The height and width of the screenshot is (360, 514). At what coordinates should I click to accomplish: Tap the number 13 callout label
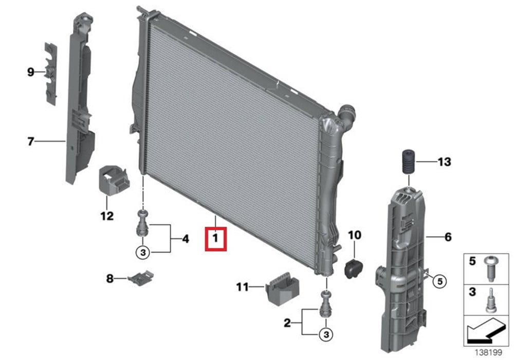click(444, 161)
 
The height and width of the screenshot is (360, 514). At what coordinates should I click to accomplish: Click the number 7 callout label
click(30, 141)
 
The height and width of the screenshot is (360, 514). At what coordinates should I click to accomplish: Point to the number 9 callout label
click(30, 72)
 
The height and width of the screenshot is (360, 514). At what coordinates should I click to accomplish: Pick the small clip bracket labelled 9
click(51, 74)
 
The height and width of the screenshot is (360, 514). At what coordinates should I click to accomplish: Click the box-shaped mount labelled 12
click(114, 181)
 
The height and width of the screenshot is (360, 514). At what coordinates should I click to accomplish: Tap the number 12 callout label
click(107, 216)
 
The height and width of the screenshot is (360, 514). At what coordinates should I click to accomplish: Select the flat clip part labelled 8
click(141, 278)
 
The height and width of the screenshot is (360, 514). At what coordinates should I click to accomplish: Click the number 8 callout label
click(110, 279)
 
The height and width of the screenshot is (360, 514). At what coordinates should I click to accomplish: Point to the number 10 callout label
click(355, 235)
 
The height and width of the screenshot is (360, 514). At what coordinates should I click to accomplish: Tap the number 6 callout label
click(448, 237)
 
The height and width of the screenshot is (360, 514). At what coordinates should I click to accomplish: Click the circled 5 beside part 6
click(439, 281)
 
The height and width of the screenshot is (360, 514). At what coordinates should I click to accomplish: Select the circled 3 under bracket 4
click(143, 253)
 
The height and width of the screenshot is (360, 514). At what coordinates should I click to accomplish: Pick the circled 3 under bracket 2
click(326, 334)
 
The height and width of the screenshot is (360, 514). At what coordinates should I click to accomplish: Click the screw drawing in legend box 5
click(490, 268)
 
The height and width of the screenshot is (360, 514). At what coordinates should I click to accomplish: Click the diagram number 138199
click(489, 352)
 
